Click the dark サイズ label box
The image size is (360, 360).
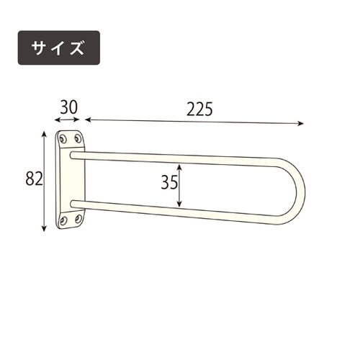(x=58, y=48)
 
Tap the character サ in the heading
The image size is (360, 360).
(x=40, y=48)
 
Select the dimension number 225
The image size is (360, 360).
(x=199, y=109)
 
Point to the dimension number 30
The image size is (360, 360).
(x=68, y=107)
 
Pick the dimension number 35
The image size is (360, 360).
(x=169, y=183)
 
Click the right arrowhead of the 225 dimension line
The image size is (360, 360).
(x=301, y=124)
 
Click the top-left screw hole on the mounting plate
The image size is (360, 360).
(x=63, y=138)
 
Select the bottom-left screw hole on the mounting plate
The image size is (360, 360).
(x=63, y=220)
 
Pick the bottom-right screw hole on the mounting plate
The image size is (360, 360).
(x=78, y=217)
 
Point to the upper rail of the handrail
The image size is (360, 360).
(x=180, y=157)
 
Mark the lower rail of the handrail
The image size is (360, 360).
(x=180, y=210)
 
